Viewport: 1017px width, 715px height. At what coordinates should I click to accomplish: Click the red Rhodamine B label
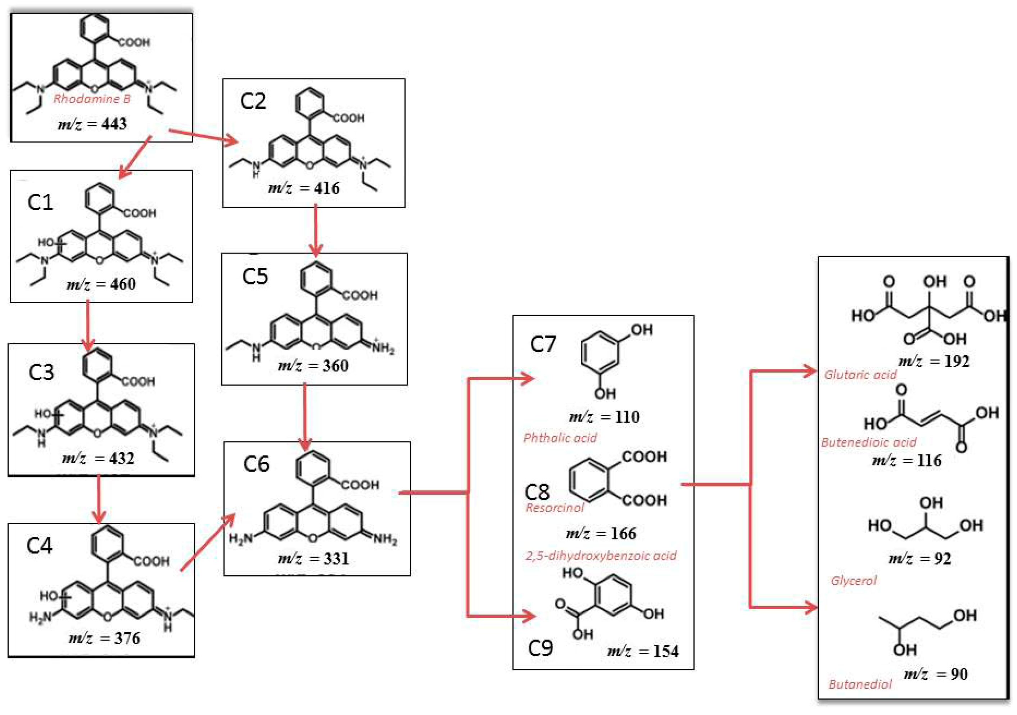[92, 99]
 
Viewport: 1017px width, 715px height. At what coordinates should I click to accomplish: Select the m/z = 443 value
[92, 123]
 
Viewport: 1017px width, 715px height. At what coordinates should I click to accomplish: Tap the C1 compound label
[40, 202]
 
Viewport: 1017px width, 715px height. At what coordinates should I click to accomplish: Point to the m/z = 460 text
[101, 284]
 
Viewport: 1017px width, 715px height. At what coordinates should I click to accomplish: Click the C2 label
[253, 101]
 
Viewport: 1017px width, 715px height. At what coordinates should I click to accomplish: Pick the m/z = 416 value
[304, 188]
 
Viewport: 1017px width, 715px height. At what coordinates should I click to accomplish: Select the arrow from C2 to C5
[315, 230]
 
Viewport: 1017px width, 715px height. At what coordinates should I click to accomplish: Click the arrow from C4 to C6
[207, 542]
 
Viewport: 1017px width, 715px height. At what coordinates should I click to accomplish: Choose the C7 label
[543, 344]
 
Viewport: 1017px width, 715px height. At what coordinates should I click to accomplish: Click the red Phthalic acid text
[560, 438]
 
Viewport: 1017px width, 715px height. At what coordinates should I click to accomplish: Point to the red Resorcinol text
[555, 508]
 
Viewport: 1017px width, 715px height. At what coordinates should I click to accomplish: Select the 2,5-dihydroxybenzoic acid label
[601, 556]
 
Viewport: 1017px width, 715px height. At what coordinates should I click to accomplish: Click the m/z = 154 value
[643, 651]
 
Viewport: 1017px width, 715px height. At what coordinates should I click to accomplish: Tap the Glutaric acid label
[860, 375]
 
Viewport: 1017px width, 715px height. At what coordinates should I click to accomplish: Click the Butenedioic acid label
[868, 442]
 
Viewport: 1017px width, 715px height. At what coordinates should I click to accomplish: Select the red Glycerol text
[854, 580]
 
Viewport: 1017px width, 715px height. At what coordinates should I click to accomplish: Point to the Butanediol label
[860, 684]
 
